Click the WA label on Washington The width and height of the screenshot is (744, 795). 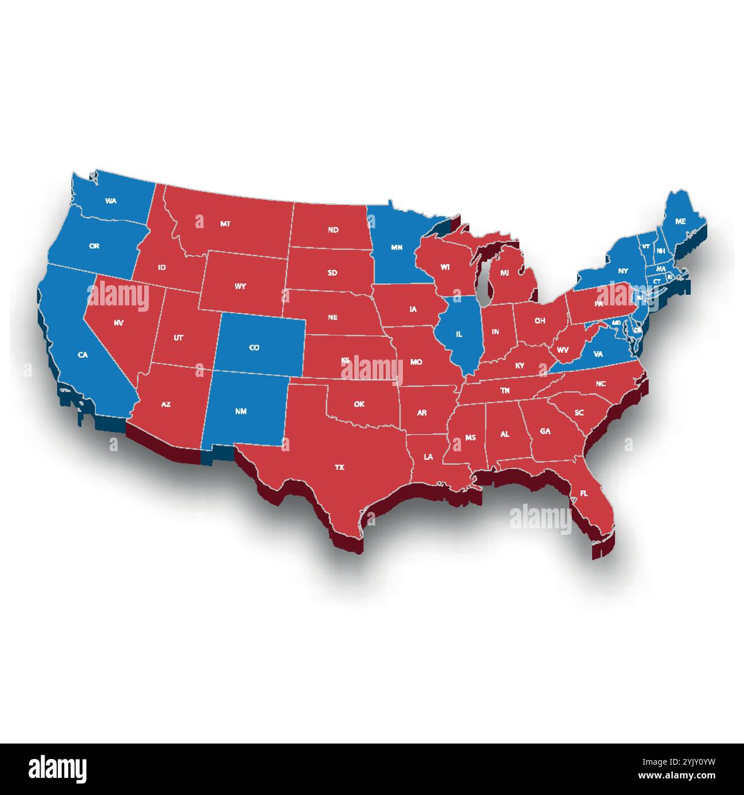(111, 201)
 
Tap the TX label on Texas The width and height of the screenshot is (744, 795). (339, 467)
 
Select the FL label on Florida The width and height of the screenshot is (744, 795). (583, 493)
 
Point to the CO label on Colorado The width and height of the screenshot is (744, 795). (255, 347)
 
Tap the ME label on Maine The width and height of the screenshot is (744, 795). (680, 221)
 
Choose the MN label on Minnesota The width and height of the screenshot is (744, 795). (397, 248)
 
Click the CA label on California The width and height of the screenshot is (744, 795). (83, 355)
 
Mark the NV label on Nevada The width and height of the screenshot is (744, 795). (118, 323)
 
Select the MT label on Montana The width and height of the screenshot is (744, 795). (225, 224)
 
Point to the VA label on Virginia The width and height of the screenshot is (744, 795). (598, 354)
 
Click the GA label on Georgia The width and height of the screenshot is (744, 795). (545, 431)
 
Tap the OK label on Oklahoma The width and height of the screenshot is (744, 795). (359, 404)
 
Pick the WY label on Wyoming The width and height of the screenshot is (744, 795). (240, 286)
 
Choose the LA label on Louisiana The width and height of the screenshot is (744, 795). (428, 457)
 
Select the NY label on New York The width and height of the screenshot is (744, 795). (623, 271)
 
